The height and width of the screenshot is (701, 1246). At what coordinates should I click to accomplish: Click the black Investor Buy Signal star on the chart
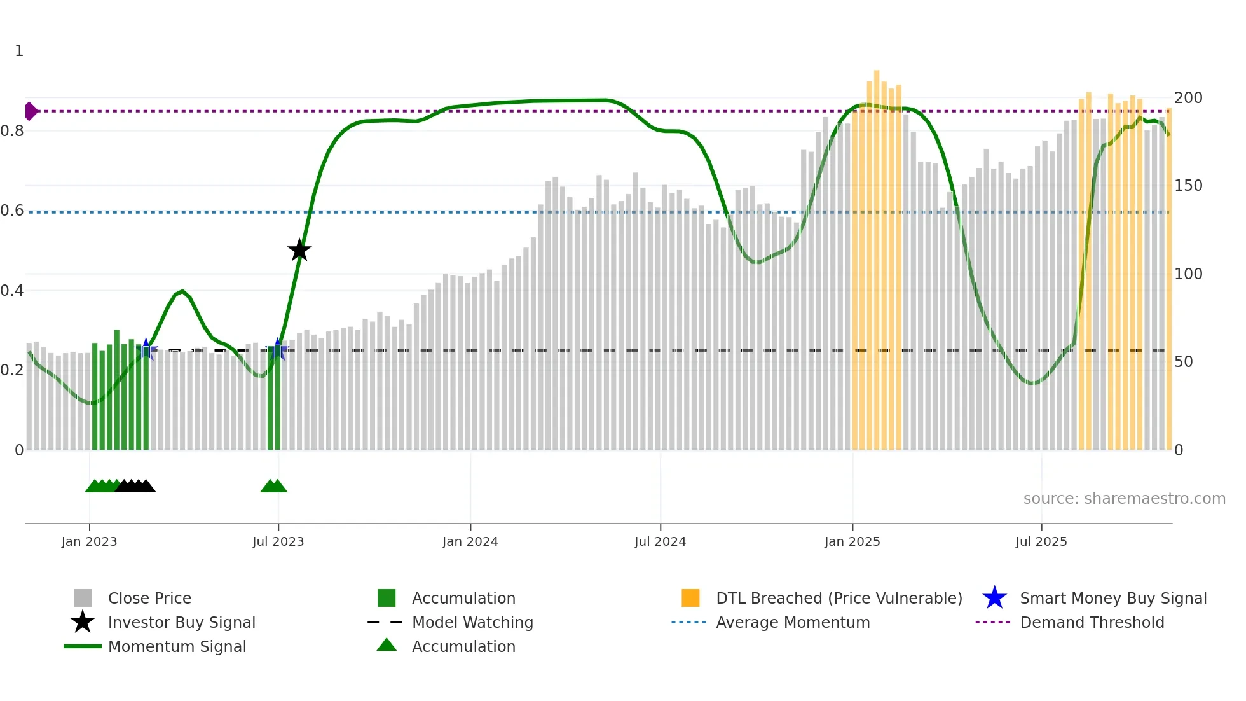click(299, 250)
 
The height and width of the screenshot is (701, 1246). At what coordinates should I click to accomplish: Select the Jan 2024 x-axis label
click(470, 541)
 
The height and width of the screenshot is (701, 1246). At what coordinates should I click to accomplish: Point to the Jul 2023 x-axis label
click(278, 541)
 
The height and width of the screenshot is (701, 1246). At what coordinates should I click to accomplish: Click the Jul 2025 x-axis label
click(1041, 541)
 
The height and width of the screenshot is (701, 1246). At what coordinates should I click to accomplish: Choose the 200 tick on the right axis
click(1188, 98)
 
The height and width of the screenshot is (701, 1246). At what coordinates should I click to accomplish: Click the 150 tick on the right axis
click(1188, 186)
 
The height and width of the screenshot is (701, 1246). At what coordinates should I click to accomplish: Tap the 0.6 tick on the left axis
click(12, 211)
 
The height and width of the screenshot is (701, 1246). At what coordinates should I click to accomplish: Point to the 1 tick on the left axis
click(19, 51)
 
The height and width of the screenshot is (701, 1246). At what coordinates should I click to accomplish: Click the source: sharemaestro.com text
click(1124, 499)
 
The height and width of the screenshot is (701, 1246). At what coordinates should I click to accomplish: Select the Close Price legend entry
click(149, 598)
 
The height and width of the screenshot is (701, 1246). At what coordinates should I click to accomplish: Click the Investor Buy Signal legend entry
click(181, 622)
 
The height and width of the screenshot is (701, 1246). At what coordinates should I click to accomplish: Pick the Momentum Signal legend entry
click(177, 646)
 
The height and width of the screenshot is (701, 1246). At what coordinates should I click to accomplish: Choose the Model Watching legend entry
click(472, 622)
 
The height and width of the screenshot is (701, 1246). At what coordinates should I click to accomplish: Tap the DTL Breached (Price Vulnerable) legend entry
click(839, 598)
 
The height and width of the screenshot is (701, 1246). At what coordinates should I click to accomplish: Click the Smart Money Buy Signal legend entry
click(1112, 598)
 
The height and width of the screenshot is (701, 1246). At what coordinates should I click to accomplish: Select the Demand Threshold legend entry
click(1092, 622)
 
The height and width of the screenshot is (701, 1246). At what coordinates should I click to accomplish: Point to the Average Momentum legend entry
click(793, 622)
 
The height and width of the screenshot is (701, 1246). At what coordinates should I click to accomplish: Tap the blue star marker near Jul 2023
click(277, 349)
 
